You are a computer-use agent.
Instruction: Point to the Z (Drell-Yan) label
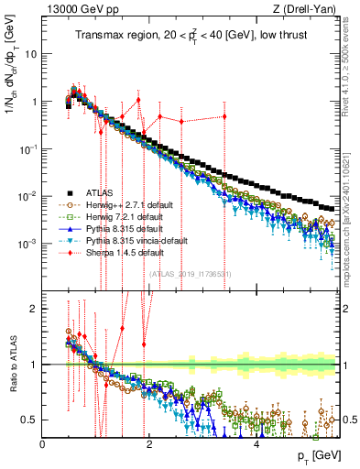[x=311, y=10]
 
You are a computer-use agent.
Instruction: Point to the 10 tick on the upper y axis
[x=31, y=54]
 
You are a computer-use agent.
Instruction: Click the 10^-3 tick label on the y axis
[x=27, y=244]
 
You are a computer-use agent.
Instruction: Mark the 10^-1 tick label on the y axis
[x=27, y=148]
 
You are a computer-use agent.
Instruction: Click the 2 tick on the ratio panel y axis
[x=33, y=309]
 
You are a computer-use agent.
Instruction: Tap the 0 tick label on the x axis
[x=43, y=444]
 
